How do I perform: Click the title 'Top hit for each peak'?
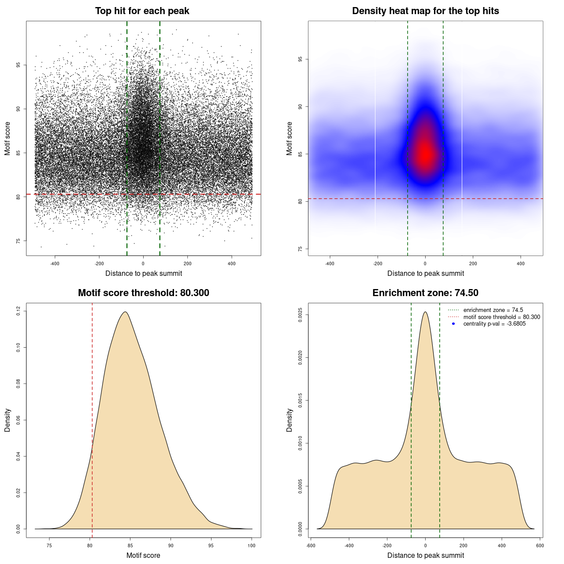click(x=142, y=11)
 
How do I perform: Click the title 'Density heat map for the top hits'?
click(x=425, y=11)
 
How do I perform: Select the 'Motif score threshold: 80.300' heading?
click(x=143, y=293)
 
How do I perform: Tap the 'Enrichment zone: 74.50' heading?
click(x=425, y=293)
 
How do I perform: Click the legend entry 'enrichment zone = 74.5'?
click(x=493, y=310)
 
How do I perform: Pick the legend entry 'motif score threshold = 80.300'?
click(x=501, y=317)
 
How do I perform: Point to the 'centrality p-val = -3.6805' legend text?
click(x=494, y=324)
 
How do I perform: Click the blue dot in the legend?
click(x=453, y=324)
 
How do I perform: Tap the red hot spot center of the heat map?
click(x=425, y=154)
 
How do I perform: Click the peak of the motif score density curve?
click(x=126, y=312)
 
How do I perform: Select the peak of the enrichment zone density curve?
click(x=425, y=312)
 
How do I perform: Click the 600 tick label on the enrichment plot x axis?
click(x=540, y=545)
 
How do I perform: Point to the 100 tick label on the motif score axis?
click(x=252, y=545)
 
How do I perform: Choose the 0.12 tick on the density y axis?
click(x=18, y=312)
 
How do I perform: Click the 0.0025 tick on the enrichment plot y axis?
click(x=301, y=315)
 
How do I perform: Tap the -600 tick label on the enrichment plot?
click(x=311, y=545)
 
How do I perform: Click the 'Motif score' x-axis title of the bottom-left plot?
click(x=143, y=555)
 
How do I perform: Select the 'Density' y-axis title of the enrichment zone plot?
click(x=289, y=420)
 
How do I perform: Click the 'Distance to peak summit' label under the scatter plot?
click(x=144, y=273)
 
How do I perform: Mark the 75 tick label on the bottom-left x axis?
click(x=49, y=545)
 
